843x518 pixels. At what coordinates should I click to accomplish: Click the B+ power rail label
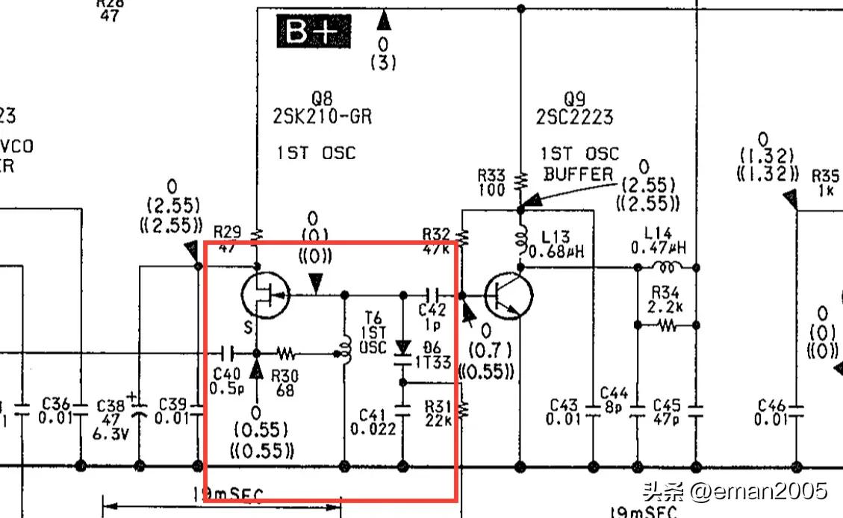point(314,31)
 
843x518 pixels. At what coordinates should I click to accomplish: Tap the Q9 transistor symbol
point(508,296)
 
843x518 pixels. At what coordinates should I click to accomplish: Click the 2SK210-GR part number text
point(322,116)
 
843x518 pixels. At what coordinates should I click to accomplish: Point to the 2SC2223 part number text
point(574,116)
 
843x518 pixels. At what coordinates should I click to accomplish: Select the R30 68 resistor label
point(285,383)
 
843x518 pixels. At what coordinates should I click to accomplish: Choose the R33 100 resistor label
point(491,181)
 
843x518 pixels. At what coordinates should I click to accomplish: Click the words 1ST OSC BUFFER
point(579,163)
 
